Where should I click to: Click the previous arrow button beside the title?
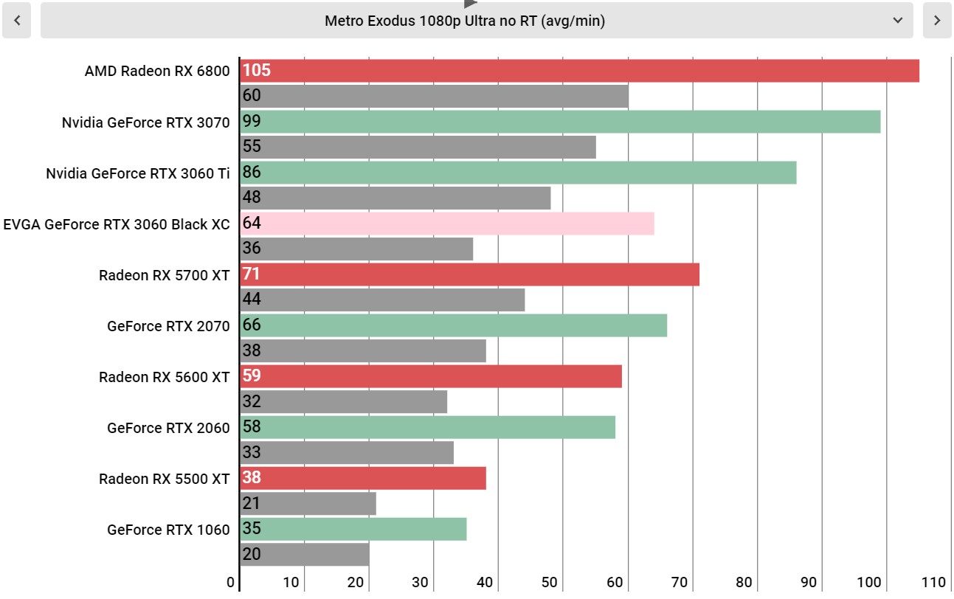tap(17, 21)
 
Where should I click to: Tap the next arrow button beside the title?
tap(937, 21)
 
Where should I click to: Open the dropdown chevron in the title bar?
tap(898, 21)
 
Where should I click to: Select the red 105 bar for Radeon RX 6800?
tap(580, 71)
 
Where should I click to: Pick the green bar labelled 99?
tap(561, 122)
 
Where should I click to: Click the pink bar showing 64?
tap(447, 224)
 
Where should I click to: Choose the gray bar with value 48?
tap(395, 198)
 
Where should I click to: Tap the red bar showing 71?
tap(470, 274)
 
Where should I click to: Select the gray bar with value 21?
tap(308, 504)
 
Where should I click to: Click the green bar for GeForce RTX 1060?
tap(353, 529)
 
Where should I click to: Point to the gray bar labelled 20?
tap(305, 554)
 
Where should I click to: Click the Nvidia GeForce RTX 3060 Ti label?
tap(137, 173)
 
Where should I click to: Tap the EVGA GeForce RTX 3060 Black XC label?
tap(117, 224)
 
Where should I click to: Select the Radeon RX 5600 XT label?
tap(164, 377)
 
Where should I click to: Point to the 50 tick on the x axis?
tap(550, 582)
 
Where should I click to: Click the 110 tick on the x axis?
tap(933, 582)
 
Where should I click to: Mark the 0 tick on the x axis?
tap(230, 582)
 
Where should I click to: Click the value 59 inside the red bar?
tap(252, 375)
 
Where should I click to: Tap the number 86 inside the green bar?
tap(252, 172)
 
